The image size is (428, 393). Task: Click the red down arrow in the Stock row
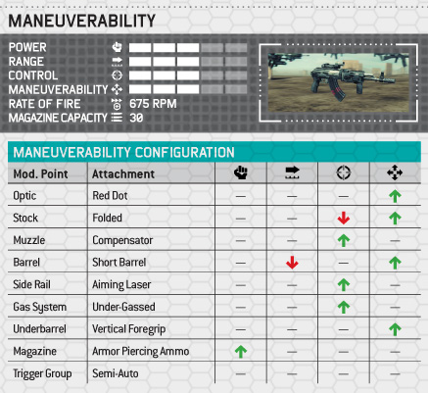344,218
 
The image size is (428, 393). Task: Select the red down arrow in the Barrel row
292,263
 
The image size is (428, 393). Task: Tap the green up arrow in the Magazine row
241,352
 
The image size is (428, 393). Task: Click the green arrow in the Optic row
395,196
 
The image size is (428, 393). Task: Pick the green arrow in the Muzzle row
344,240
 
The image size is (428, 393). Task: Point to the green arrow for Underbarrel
395,329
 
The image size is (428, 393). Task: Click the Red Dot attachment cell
110,196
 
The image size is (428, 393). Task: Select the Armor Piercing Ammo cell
141,351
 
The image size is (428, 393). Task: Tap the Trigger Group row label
42,373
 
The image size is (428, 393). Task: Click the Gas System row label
40,307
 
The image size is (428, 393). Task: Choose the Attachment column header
123,174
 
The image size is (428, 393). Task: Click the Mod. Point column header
40,174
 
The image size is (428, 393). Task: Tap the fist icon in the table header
241,172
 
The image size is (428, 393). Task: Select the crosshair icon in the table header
344,172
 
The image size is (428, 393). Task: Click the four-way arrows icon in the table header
395,172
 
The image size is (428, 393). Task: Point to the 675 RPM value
153,104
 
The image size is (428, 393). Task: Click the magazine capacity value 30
136,118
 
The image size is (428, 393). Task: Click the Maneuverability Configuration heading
123,153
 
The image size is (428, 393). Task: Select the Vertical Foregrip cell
129,329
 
